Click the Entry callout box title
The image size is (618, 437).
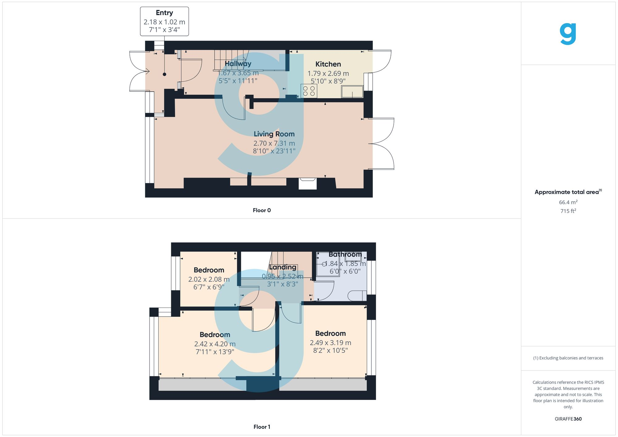coord(164,13)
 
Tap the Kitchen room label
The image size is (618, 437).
coord(328,64)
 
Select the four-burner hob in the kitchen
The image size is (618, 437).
coord(309,91)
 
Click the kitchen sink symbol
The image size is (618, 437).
coord(352,92)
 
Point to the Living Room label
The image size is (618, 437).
coord(274,134)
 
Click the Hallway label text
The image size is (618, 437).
coord(238,64)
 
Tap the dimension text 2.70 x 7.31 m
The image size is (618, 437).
coord(274,143)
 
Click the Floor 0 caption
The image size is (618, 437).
coord(261,210)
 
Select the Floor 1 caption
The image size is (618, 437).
coord(261,427)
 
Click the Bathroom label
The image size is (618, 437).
coord(345,254)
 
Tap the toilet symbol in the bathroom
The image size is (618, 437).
coord(357,296)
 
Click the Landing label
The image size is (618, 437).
coord(282,267)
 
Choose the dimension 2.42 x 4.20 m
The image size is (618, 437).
coord(215,344)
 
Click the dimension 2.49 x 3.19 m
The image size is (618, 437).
coord(330,343)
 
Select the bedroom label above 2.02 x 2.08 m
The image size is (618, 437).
coord(209,270)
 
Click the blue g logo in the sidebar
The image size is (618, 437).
coord(568,34)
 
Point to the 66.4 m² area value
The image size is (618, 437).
coord(568,202)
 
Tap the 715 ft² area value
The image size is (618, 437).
coord(568,211)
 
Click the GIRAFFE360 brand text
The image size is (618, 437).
coord(568,419)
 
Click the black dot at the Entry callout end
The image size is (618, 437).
coord(164,74)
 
